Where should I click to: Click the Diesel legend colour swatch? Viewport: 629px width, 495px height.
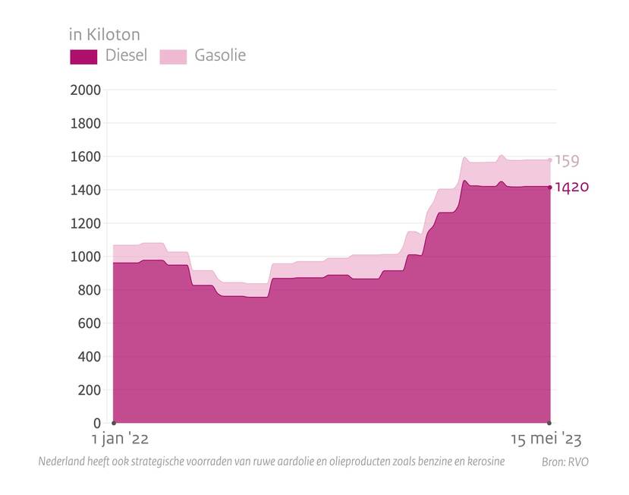point(83,56)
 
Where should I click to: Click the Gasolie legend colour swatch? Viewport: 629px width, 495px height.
point(173,56)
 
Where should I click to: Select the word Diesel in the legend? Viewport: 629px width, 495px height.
point(127,55)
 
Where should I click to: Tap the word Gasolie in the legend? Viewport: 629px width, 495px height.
point(220,55)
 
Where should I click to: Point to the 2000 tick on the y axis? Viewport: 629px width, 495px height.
point(85,90)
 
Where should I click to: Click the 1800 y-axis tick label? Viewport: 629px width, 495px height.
point(85,123)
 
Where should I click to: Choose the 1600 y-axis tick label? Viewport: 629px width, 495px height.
point(85,156)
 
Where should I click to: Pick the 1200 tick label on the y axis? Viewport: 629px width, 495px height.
point(85,223)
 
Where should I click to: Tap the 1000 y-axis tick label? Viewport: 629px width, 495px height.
point(85,257)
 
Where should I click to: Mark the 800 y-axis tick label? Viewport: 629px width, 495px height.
point(89,290)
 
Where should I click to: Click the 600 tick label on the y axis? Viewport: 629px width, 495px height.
point(89,323)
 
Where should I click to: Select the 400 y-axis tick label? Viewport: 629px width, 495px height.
point(89,356)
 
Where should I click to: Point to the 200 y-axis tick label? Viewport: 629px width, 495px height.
point(89,389)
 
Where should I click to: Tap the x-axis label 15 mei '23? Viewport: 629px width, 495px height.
point(546,439)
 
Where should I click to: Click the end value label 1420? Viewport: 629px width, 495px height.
point(572,188)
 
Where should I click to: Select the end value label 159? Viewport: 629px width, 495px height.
point(567,161)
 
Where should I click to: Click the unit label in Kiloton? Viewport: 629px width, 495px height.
point(104,34)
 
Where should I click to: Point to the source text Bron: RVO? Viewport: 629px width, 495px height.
point(565,462)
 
